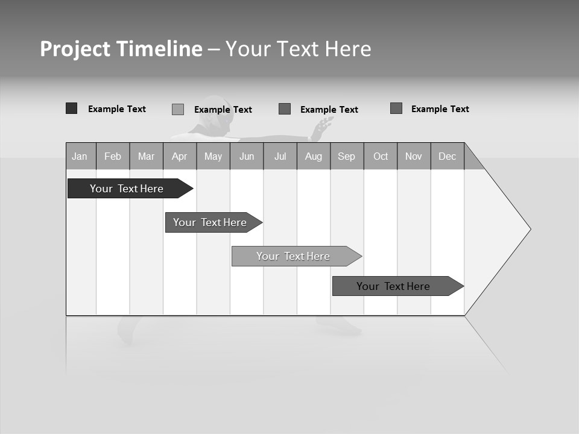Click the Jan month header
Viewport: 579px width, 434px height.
click(80, 156)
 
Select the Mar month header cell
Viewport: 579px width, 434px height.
click(146, 156)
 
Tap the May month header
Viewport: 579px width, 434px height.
click(213, 156)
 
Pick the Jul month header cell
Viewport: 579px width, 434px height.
click(280, 156)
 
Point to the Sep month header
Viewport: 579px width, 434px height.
click(346, 156)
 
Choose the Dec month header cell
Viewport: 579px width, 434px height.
click(447, 156)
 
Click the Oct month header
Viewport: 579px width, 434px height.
click(381, 156)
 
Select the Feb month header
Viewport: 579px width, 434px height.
click(113, 156)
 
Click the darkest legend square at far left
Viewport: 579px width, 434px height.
click(71, 108)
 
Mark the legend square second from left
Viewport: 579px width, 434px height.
click(178, 109)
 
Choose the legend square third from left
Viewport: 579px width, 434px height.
click(285, 109)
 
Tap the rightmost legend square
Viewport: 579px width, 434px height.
click(396, 108)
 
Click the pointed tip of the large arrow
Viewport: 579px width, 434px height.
click(529, 229)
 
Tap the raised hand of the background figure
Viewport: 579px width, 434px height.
click(324, 126)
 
